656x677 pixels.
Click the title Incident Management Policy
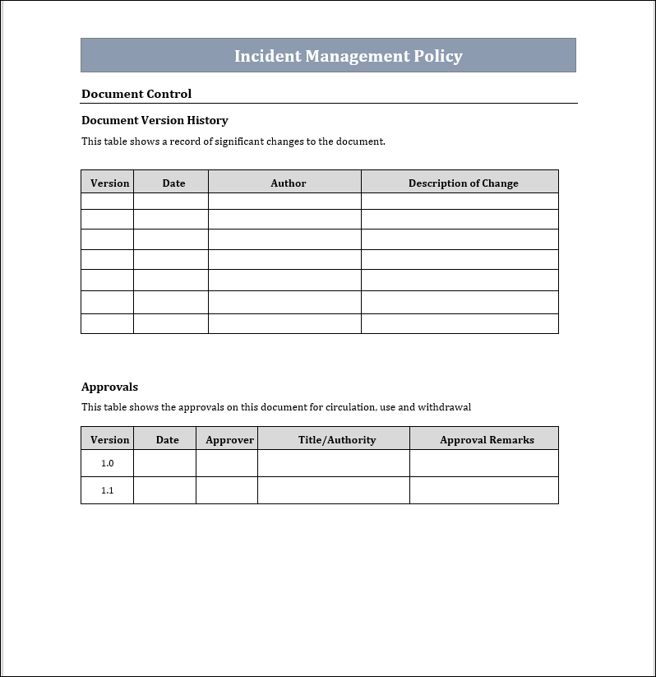(348, 56)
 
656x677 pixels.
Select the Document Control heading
(136, 94)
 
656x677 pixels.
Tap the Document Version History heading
(155, 120)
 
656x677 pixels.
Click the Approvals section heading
(109, 387)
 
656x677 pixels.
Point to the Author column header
(288, 183)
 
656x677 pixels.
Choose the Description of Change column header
(463, 183)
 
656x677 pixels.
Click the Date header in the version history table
(173, 183)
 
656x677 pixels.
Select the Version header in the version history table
(109, 183)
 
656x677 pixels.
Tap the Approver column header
(229, 440)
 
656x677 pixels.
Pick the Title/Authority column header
(336, 440)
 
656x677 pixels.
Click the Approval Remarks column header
(487, 440)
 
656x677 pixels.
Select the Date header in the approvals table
(167, 440)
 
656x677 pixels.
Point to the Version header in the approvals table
(109, 440)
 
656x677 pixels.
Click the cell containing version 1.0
(108, 463)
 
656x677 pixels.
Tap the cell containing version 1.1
(108, 490)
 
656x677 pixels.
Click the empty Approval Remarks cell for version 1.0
(483, 463)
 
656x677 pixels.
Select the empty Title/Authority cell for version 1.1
(333, 490)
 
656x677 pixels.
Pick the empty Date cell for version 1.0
(164, 463)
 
